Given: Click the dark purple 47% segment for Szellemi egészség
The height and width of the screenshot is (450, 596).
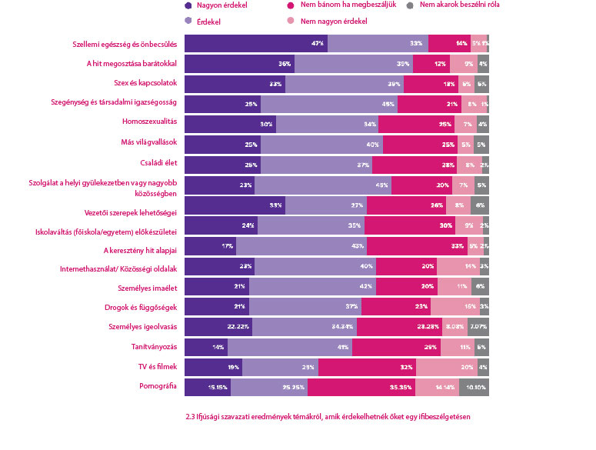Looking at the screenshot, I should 256,43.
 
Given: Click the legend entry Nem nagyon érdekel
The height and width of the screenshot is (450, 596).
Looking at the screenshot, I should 335,22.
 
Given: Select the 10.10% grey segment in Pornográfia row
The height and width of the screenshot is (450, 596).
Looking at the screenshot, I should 474,388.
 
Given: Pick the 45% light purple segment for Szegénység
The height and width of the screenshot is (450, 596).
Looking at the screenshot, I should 329,103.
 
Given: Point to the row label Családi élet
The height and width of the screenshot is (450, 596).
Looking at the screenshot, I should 157,163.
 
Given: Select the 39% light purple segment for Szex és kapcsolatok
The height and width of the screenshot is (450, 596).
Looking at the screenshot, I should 344,83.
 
